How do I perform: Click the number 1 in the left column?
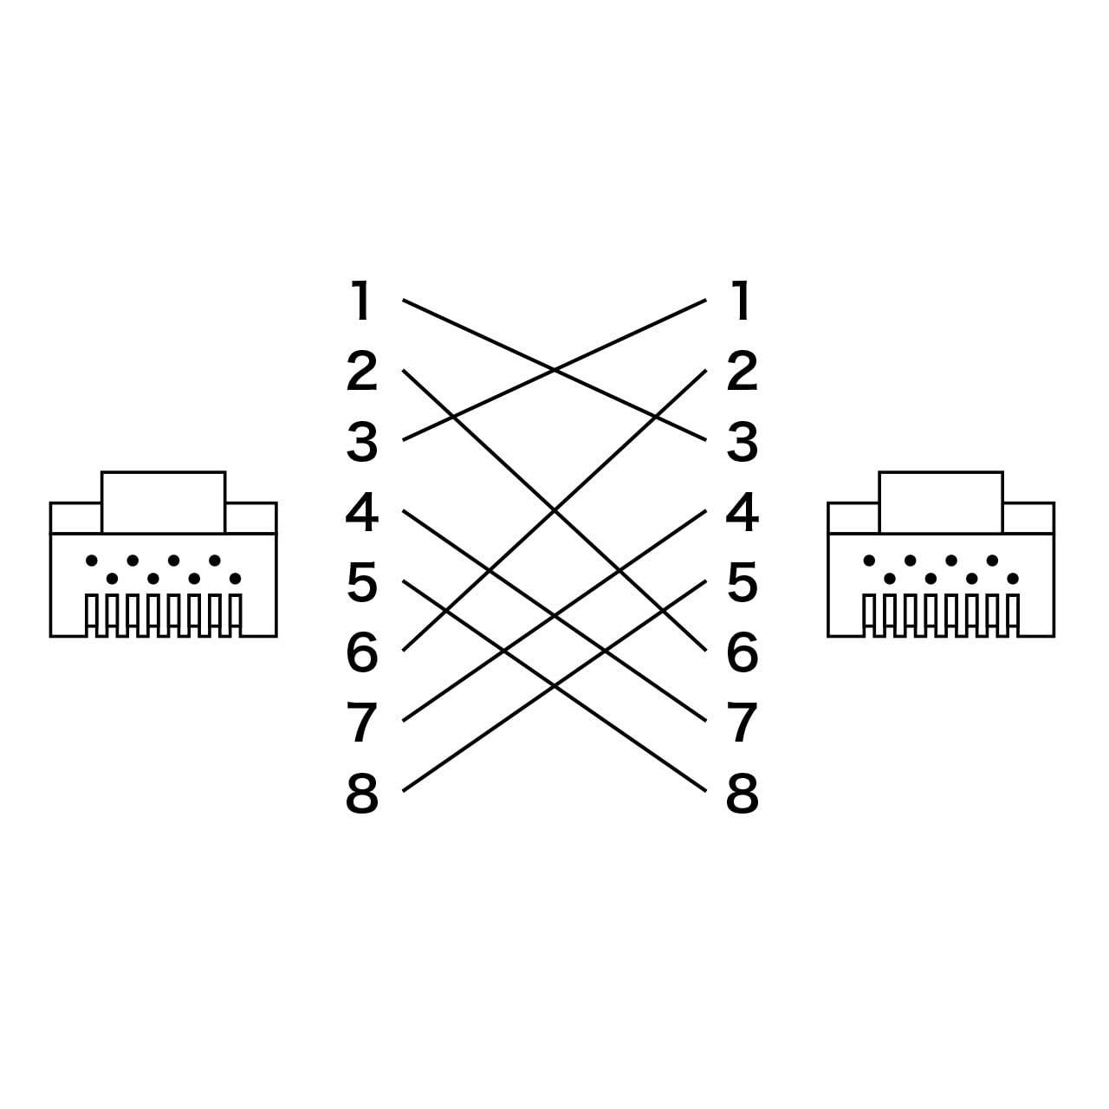pyautogui.click(x=360, y=300)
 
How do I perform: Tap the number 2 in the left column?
pyautogui.click(x=361, y=371)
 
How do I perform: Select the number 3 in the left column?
pyautogui.click(x=361, y=441)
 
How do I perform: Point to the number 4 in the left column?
pyautogui.click(x=361, y=512)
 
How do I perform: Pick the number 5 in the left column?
pyautogui.click(x=362, y=582)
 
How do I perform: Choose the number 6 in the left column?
pyautogui.click(x=362, y=652)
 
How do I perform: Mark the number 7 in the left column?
pyautogui.click(x=361, y=723)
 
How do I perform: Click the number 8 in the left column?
pyautogui.click(x=361, y=793)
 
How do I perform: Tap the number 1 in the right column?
pyautogui.click(x=742, y=300)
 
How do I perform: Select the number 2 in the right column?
pyautogui.click(x=742, y=371)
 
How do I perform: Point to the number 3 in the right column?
pyautogui.click(x=742, y=441)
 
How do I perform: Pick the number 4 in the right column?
pyautogui.click(x=742, y=512)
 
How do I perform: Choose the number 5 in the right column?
pyautogui.click(x=743, y=582)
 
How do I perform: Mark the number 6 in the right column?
pyautogui.click(x=743, y=652)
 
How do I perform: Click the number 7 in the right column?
pyautogui.click(x=742, y=723)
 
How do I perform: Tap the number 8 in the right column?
pyautogui.click(x=742, y=793)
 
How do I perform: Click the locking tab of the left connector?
pyautogui.click(x=164, y=503)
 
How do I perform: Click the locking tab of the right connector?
pyautogui.click(x=941, y=503)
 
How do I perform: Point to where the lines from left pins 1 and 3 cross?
pyautogui.click(x=554, y=370)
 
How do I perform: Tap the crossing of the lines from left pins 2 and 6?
pyautogui.click(x=554, y=510)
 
